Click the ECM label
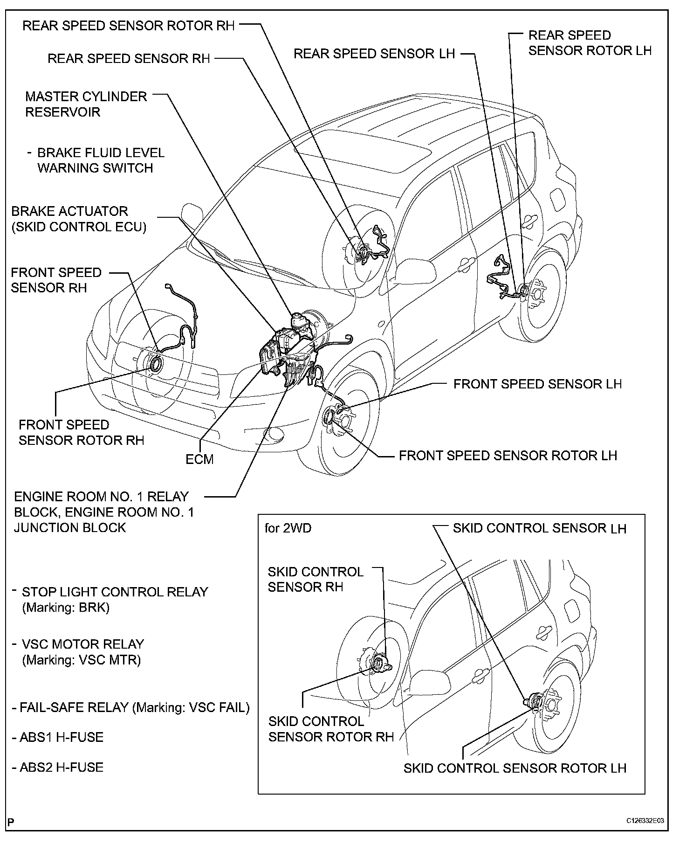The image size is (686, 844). click(199, 459)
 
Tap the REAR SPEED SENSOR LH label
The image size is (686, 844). click(374, 54)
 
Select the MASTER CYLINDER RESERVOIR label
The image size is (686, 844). click(86, 104)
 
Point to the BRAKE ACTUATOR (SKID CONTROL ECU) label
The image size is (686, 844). click(78, 219)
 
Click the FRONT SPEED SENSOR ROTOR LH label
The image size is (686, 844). click(508, 456)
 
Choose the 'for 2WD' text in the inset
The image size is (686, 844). click(288, 528)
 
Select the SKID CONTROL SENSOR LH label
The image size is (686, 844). click(539, 528)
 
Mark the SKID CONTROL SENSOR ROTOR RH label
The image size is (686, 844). click(331, 729)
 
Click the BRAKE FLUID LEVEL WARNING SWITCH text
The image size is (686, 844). click(100, 160)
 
